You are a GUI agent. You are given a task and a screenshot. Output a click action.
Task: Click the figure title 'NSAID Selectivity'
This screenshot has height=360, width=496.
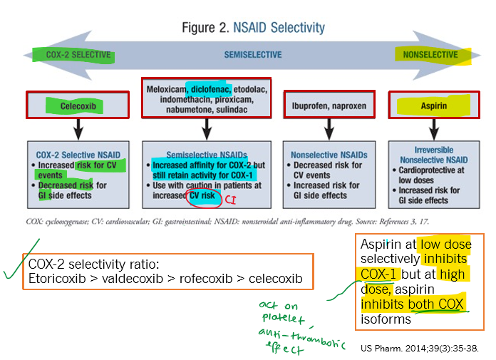[x=274, y=29]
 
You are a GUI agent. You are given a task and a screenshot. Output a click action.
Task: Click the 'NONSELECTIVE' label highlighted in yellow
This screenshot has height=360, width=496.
[x=430, y=55]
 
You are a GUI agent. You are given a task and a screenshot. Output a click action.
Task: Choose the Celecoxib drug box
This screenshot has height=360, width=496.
[x=78, y=106]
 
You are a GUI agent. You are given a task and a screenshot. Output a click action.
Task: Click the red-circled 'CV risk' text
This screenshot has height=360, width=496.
[x=204, y=195]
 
